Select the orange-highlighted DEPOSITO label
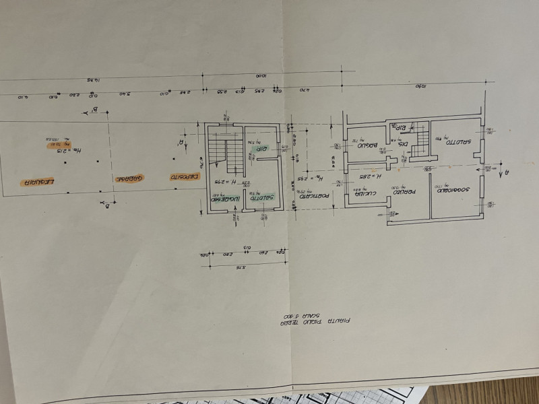(x=178, y=177)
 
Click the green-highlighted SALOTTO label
(x=262, y=198)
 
